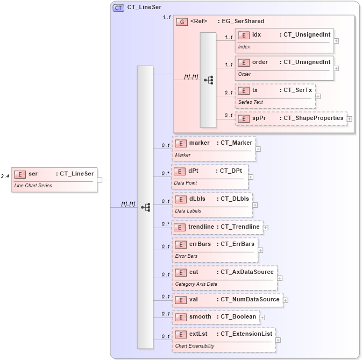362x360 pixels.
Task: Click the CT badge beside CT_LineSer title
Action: click(118, 8)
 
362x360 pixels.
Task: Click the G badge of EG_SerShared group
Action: click(182, 22)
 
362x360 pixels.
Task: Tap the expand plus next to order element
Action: click(336, 68)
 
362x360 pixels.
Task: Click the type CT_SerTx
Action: click(296, 90)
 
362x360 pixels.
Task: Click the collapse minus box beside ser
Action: click(100, 180)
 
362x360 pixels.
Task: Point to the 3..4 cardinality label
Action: click(5, 176)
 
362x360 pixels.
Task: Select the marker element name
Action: click(199, 143)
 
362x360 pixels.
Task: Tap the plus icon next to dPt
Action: click(251, 177)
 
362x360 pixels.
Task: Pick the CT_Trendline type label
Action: click(240, 227)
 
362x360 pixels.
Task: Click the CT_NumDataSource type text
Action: click(250, 299)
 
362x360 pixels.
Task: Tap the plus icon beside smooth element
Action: click(262, 318)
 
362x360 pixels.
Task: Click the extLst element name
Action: click(198, 334)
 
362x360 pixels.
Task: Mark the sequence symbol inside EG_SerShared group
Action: click(208, 80)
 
